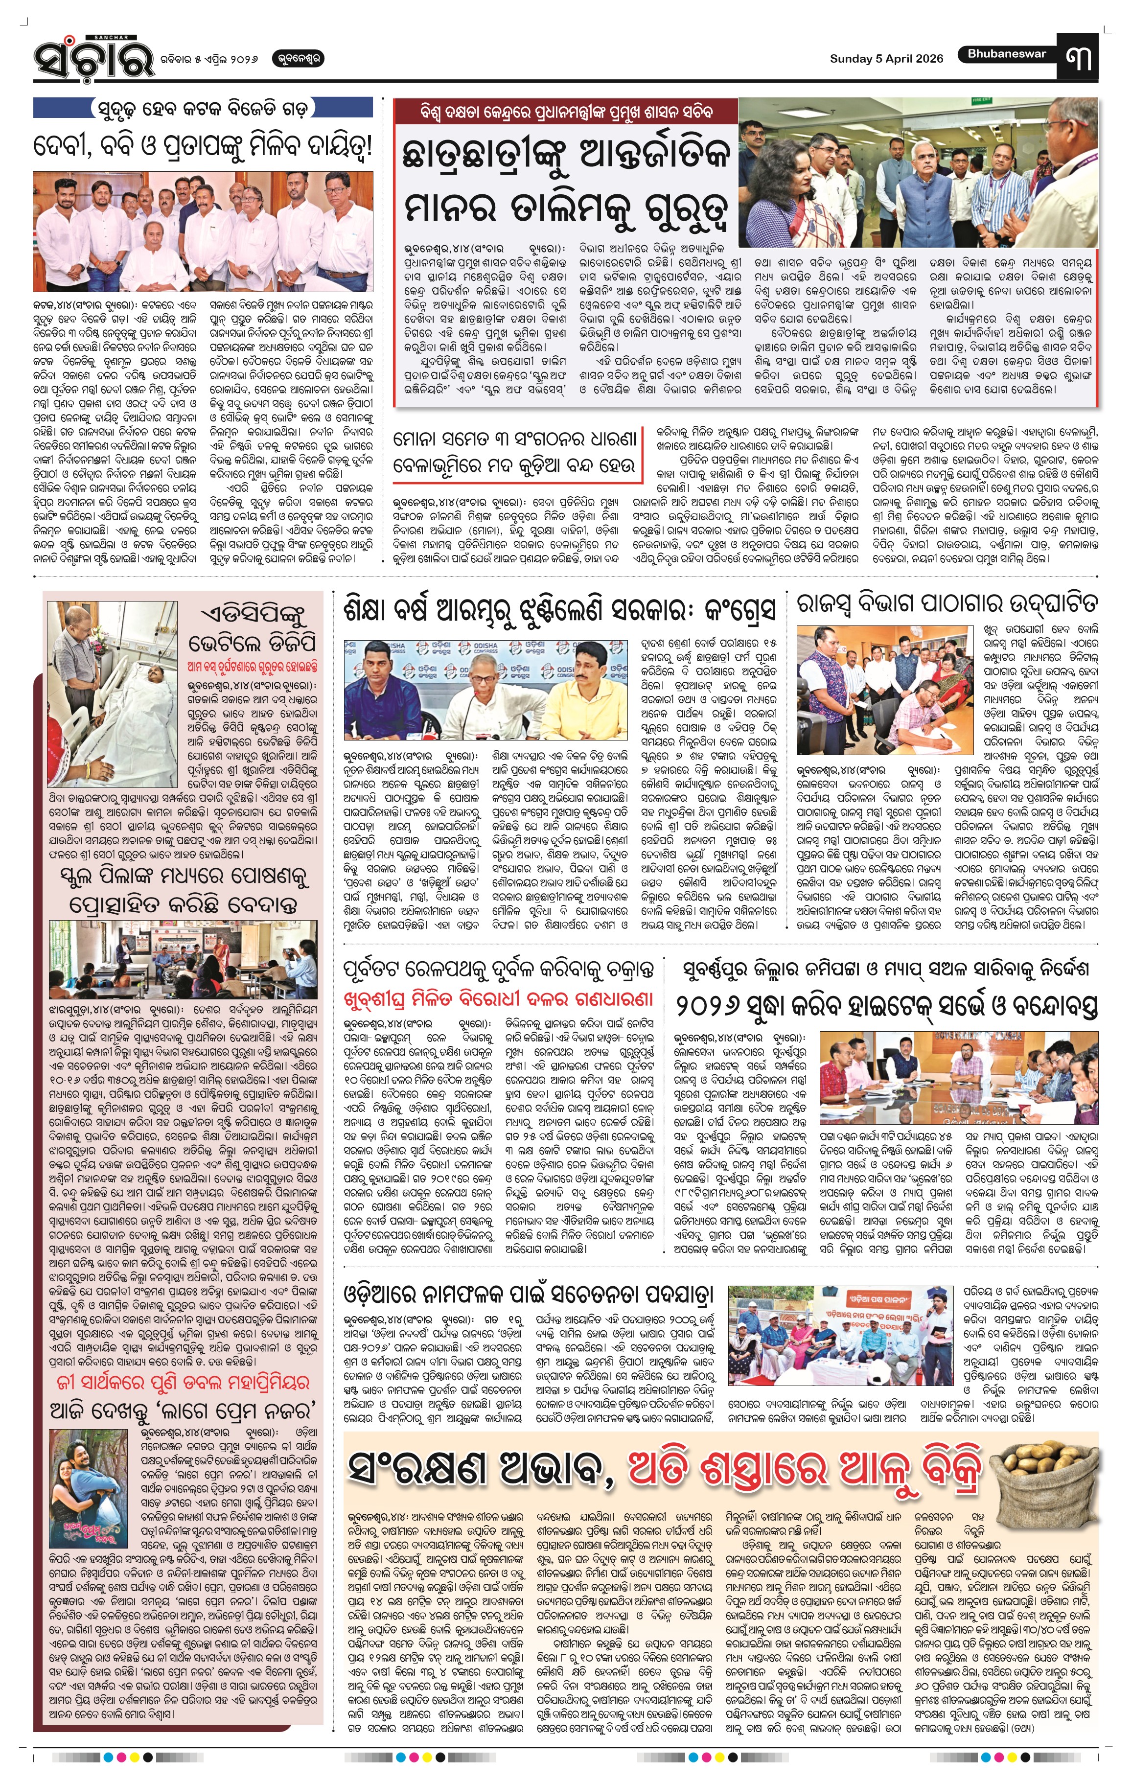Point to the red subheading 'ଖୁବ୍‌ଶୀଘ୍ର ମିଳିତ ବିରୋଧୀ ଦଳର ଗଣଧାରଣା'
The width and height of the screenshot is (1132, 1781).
pyautogui.click(x=499, y=999)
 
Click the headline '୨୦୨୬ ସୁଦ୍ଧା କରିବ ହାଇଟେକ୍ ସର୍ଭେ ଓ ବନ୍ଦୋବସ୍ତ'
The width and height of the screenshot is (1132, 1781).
pyautogui.click(x=886, y=1005)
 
